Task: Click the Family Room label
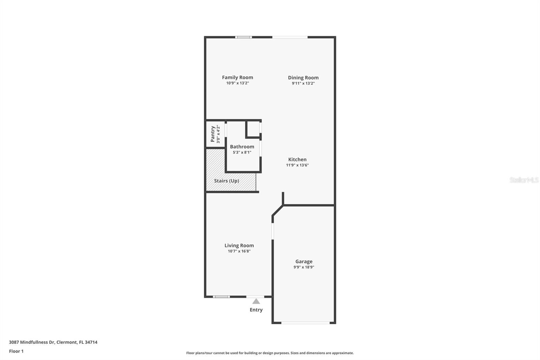[x=237, y=77]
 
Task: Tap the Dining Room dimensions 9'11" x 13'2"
[x=303, y=83]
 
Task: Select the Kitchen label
[x=297, y=159]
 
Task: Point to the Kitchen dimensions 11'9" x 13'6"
[x=297, y=165]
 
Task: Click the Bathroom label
[x=242, y=147]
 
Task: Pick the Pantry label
[x=213, y=134]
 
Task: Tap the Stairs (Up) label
[x=226, y=181]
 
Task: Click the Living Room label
[x=239, y=246]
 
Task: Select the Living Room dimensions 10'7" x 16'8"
[x=239, y=251]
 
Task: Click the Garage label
[x=304, y=261]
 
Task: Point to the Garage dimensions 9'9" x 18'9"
[x=304, y=267]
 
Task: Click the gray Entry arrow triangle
[x=256, y=301]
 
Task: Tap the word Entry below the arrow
[x=256, y=310]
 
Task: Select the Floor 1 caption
[x=16, y=351]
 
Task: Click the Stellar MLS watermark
[x=524, y=180]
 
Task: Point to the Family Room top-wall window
[x=244, y=37]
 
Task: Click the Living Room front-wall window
[x=221, y=297]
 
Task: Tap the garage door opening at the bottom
[x=305, y=323]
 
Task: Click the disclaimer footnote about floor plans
[x=270, y=353]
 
